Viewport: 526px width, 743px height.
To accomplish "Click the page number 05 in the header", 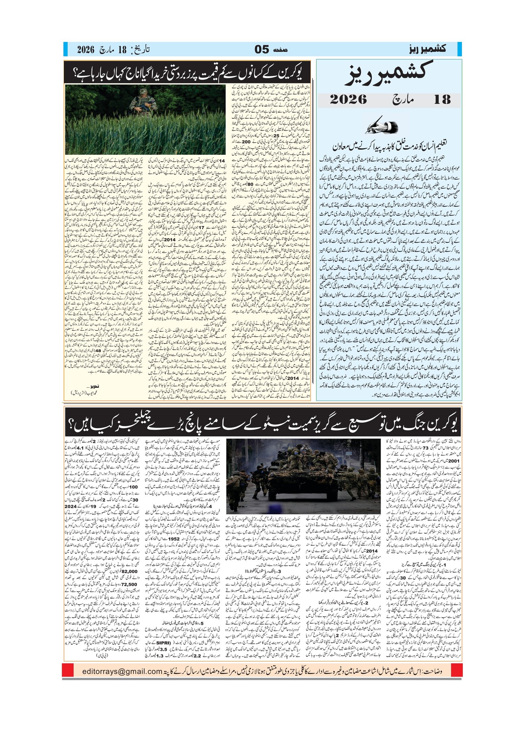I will (x=262, y=50).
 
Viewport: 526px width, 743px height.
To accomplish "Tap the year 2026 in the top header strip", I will (x=85, y=50).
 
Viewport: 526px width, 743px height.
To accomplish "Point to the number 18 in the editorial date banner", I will (x=442, y=100).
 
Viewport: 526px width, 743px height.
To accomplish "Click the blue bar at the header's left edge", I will (x=65, y=49).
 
